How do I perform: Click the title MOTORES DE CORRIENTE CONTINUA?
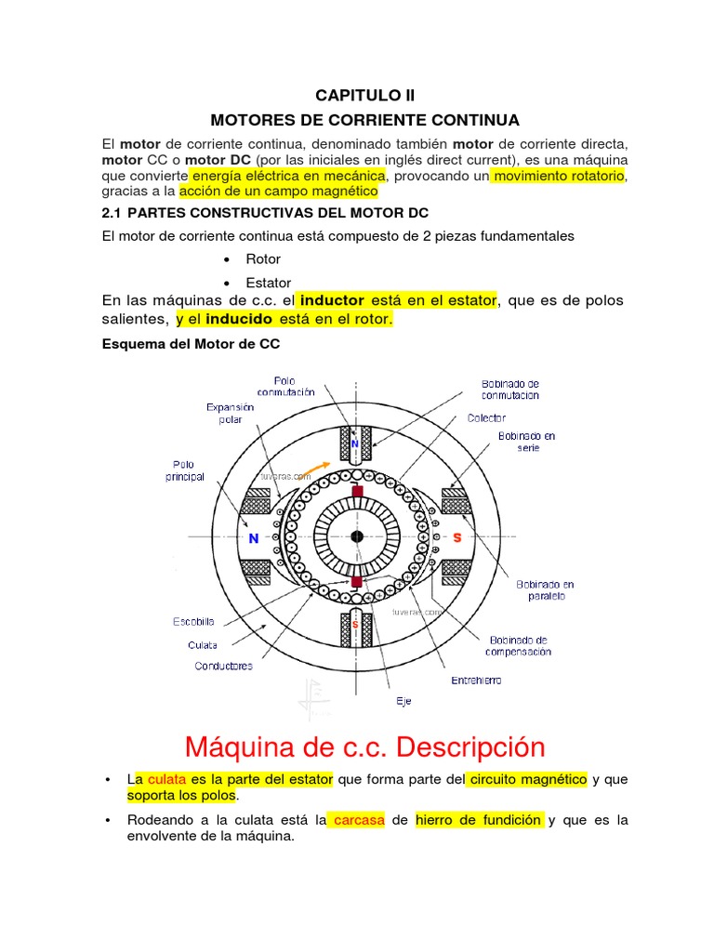[x=364, y=121]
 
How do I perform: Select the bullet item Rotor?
[x=263, y=259]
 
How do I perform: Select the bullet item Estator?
[x=269, y=283]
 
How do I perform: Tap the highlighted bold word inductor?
[x=332, y=301]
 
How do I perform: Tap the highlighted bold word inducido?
[x=239, y=319]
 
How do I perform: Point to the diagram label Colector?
[x=486, y=418]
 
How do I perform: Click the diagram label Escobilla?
[x=193, y=621]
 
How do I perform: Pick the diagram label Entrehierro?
[x=476, y=681]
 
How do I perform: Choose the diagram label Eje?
[x=403, y=701]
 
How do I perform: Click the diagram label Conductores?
[x=223, y=666]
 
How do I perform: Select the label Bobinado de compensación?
[x=518, y=645]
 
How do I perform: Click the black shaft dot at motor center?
[x=356, y=536]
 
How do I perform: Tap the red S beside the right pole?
[x=457, y=537]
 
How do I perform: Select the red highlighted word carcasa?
[x=358, y=821]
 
